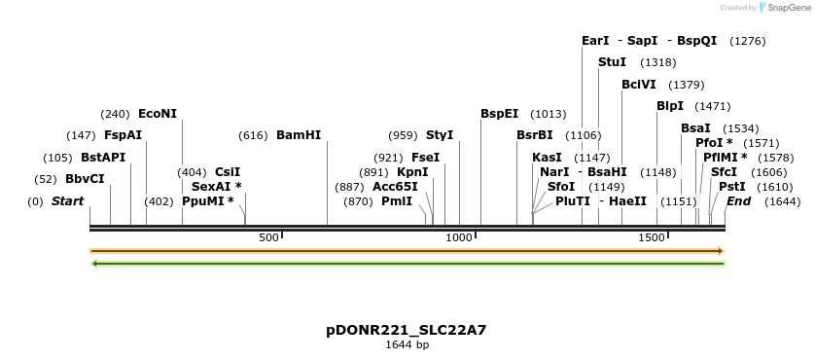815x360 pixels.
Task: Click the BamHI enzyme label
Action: click(299, 135)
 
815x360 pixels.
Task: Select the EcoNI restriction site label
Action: click(158, 114)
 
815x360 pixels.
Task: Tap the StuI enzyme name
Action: click(612, 62)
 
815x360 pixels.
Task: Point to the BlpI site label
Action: click(670, 106)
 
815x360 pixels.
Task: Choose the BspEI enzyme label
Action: click(499, 114)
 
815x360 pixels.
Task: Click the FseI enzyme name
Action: click(425, 157)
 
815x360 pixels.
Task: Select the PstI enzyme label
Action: click(732, 186)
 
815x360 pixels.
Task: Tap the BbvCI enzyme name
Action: click(85, 179)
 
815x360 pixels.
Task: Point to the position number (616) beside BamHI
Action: click(253, 135)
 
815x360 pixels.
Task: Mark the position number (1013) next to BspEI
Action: click(548, 114)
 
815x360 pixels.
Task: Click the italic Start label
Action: click(67, 201)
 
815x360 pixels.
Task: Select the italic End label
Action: click(738, 201)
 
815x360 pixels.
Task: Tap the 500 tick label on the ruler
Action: click(269, 237)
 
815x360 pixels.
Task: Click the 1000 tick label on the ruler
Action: click(458, 237)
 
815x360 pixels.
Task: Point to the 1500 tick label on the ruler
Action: click(651, 237)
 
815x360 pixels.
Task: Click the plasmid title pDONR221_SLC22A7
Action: click(407, 330)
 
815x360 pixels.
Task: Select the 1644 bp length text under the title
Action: click(407, 344)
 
